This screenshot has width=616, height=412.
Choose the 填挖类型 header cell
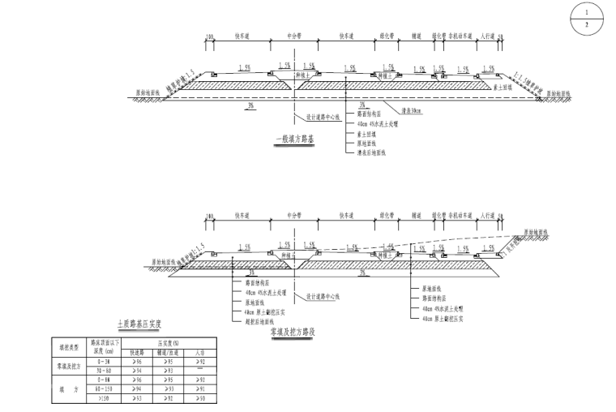click(70, 348)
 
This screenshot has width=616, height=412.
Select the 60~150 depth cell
click(103, 388)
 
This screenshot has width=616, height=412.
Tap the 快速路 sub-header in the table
click(137, 353)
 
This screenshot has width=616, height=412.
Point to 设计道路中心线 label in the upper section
click(313, 115)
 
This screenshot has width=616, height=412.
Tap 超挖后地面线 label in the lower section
click(258, 320)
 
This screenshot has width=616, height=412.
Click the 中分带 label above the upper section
click(295, 36)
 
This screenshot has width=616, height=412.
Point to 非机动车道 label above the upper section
click(461, 36)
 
